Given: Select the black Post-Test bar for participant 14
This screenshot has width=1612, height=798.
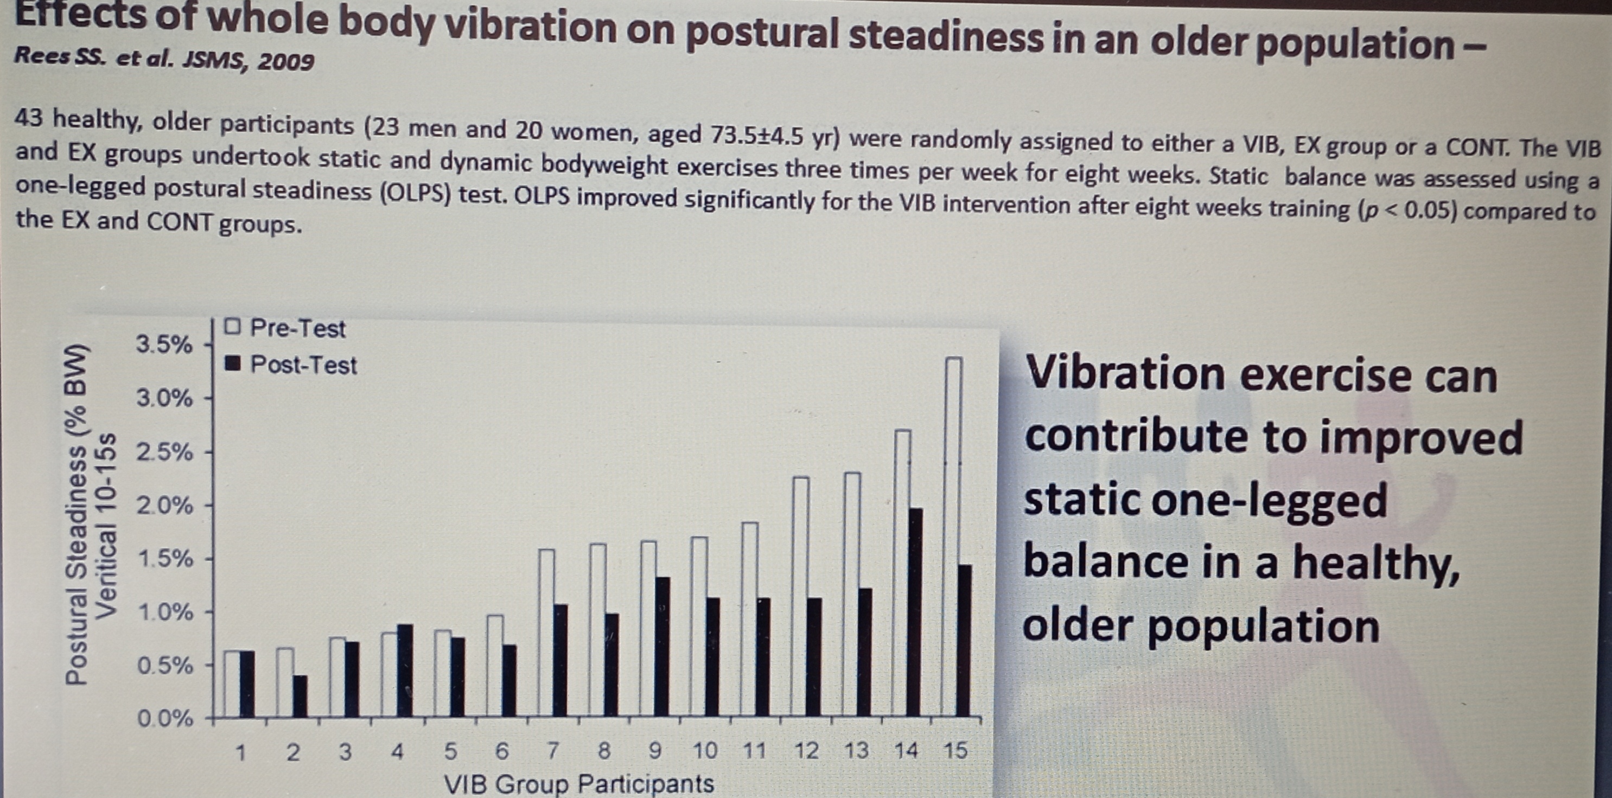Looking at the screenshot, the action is tap(914, 612).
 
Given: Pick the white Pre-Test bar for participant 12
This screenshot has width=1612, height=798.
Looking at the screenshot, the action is tap(800, 597).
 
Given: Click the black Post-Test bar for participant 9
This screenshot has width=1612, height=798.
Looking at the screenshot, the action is tap(662, 647).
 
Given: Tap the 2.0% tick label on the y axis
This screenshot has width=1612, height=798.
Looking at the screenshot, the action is tap(164, 505).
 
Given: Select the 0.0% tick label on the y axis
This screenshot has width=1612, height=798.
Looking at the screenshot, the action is tap(164, 718).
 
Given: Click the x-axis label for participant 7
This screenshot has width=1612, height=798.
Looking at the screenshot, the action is tap(552, 750).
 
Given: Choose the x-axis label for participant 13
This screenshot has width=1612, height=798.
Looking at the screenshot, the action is tap(856, 750).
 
